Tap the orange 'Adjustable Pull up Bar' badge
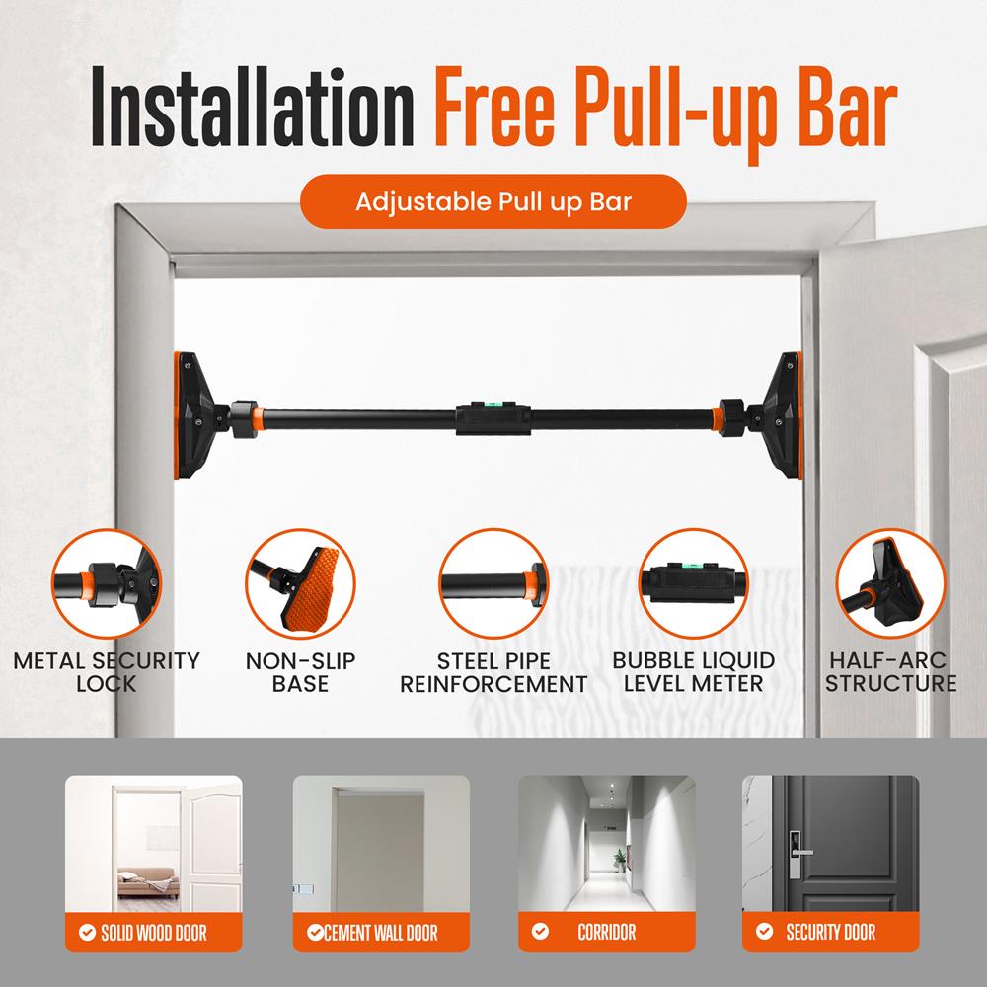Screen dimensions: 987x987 493,201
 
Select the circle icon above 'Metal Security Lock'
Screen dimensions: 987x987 106,581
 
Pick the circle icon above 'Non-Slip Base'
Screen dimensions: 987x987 300,581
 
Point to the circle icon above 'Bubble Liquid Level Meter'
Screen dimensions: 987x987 693,581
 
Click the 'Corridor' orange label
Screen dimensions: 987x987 606,931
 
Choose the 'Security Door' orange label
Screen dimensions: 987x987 830,931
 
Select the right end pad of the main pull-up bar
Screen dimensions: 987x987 790,415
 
